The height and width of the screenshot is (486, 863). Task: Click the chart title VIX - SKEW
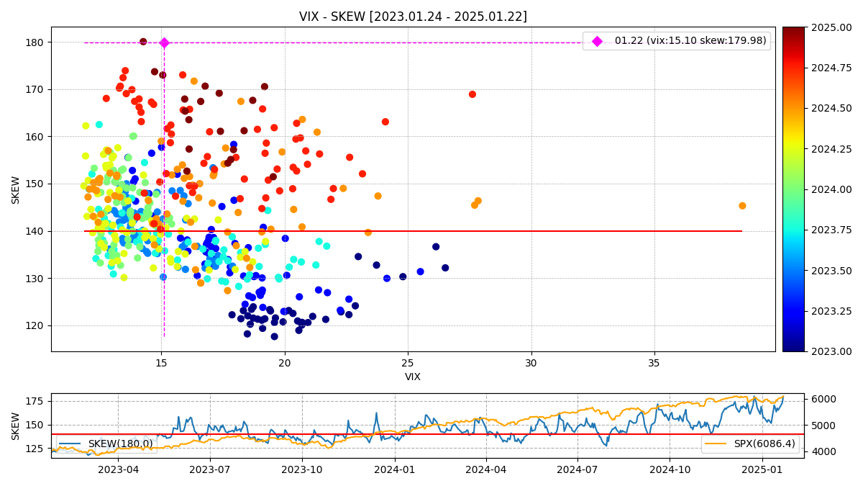[x=413, y=17]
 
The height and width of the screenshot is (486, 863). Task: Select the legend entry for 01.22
[x=690, y=41]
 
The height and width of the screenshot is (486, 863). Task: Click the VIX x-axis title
[x=413, y=377]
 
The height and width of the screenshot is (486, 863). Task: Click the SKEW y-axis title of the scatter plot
[x=16, y=189]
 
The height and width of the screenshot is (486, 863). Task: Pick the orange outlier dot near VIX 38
[x=742, y=206]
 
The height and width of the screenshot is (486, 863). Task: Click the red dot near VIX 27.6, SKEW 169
[x=472, y=94]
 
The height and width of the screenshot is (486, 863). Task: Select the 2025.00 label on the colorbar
[x=834, y=27]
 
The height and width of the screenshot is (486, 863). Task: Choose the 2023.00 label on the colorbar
[x=834, y=351]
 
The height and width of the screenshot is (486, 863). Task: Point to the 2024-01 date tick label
[x=394, y=470]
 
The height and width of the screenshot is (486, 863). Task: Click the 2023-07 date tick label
[x=209, y=470]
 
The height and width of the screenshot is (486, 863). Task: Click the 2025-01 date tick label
[x=762, y=470]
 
